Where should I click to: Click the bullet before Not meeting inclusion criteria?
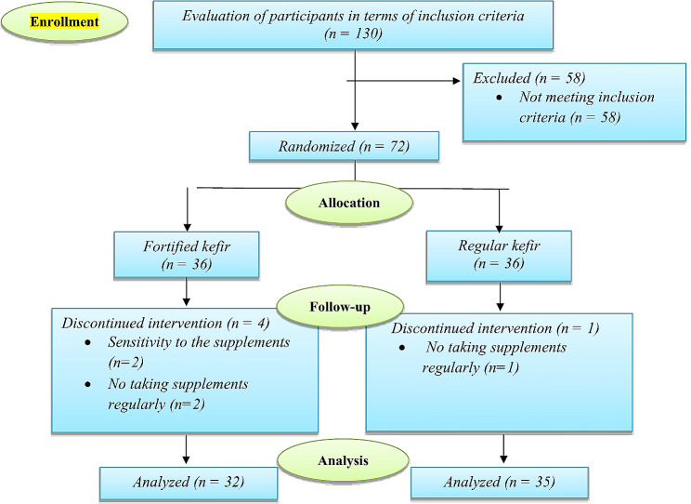tap(501, 98)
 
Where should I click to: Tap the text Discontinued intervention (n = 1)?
tap(494, 329)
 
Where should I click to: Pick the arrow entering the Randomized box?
tap(355, 125)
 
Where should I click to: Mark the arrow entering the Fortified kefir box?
tap(189, 224)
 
